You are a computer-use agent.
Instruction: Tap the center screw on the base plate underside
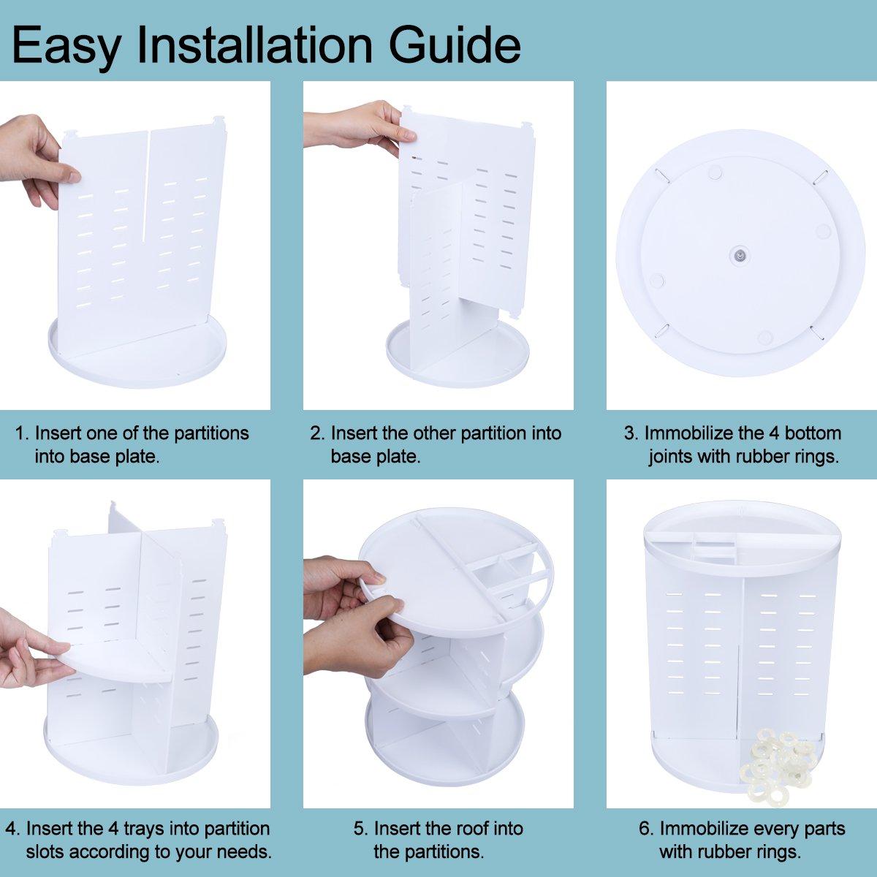740,255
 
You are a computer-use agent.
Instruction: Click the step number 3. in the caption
631,433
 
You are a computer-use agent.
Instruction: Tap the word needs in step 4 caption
245,852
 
